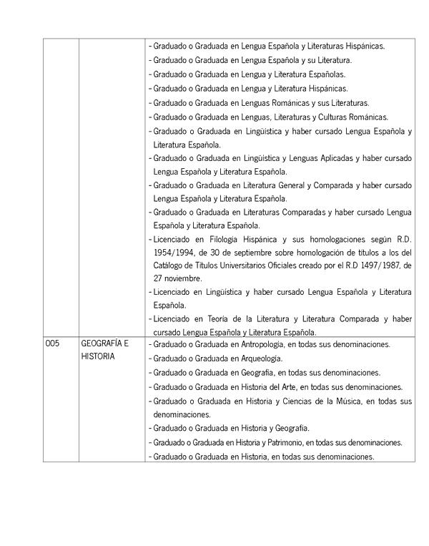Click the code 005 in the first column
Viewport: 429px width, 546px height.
coord(52,344)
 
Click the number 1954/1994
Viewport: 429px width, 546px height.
coord(173,252)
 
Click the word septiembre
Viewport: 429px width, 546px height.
coord(253,252)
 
